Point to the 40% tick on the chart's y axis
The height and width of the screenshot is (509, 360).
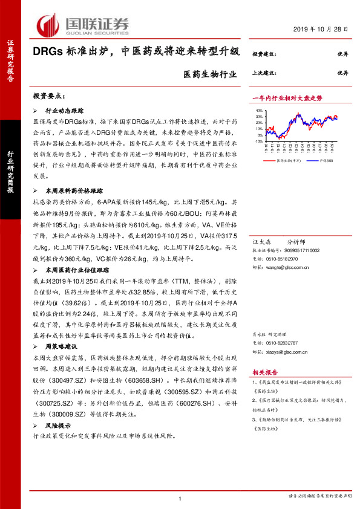coord(259,111)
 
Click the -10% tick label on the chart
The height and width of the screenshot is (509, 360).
coord(258,142)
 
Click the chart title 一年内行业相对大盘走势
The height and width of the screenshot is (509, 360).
coord(287,97)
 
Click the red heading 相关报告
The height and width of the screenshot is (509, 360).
coord(264,372)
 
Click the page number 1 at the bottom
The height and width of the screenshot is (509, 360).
coord(180,498)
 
